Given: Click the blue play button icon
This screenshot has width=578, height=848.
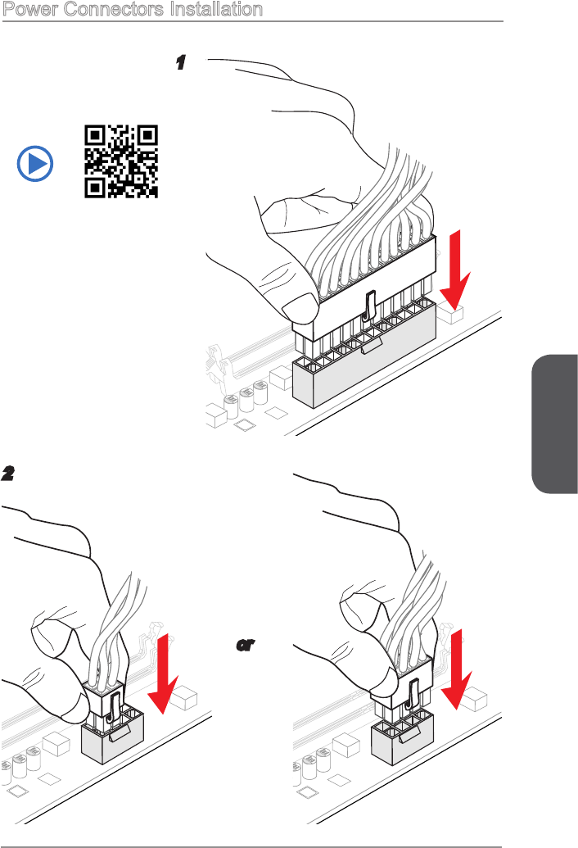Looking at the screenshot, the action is tap(35, 163).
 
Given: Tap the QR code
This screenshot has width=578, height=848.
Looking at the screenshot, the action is tap(121, 161).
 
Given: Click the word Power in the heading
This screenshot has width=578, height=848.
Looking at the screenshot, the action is tap(30, 9).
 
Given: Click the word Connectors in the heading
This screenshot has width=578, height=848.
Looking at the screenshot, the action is tap(114, 9).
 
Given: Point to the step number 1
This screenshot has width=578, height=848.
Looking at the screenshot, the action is tap(181, 62).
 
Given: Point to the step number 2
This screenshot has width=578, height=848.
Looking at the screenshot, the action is tap(7, 474).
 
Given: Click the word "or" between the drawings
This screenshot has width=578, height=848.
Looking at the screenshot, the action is tap(246, 645).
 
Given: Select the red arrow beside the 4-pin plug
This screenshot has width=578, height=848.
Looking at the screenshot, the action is tap(163, 673).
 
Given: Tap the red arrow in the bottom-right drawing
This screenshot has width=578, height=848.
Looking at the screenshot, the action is tap(457, 669).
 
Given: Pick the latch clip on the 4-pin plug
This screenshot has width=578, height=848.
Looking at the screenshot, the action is tap(114, 709).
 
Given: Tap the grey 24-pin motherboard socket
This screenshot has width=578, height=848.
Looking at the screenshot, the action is tap(364, 354).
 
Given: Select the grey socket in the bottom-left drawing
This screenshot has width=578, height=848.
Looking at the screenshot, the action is tap(113, 737).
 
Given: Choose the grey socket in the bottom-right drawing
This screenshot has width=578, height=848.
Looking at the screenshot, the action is tap(403, 738).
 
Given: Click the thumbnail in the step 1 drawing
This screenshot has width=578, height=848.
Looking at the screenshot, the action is tap(300, 309).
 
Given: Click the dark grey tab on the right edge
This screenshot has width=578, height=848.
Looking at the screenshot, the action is tap(555, 424).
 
